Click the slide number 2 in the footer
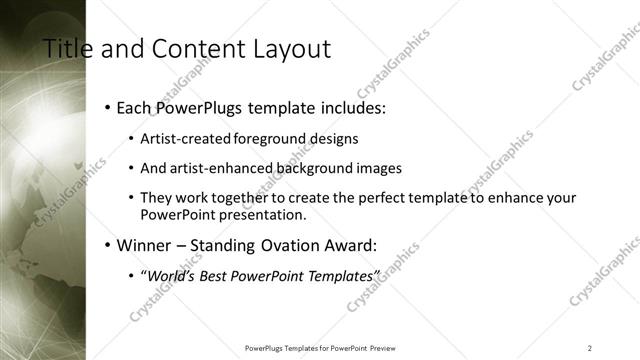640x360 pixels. tap(589, 348)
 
